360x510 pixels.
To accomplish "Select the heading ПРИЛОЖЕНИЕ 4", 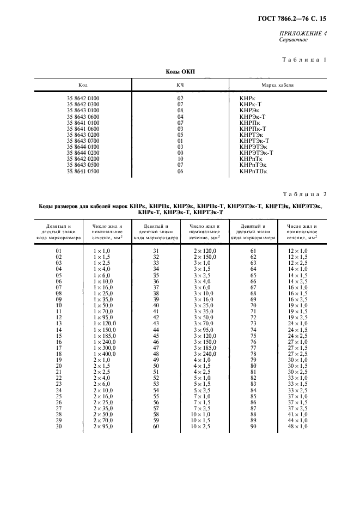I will point(302,34).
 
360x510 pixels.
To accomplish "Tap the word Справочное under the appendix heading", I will point(294,40).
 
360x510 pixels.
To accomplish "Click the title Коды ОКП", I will point(180,72).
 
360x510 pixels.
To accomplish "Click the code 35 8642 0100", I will point(83,98).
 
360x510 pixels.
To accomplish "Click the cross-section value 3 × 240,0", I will point(204,354).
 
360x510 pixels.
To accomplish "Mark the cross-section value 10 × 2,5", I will point(204,426).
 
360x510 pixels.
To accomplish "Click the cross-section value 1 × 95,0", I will point(106,317).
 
